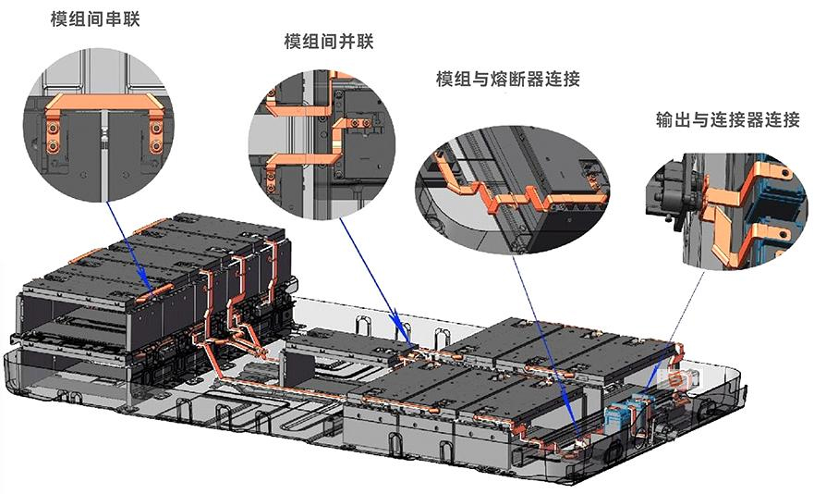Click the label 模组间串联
click(x=95, y=19)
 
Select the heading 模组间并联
click(x=329, y=41)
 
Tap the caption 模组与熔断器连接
click(x=508, y=80)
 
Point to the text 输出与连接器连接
click(x=728, y=120)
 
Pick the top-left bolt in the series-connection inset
click(x=52, y=127)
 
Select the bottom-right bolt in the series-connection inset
click(x=156, y=147)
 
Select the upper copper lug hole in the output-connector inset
click(x=786, y=172)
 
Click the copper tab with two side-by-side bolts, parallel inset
click(x=358, y=123)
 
